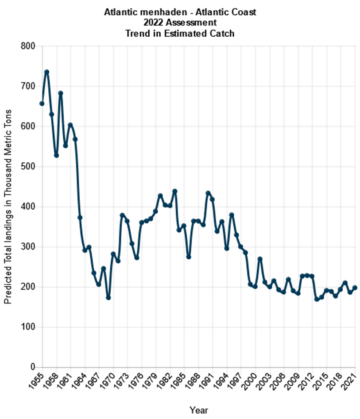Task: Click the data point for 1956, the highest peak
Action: coord(46,72)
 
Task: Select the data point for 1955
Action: coord(42,104)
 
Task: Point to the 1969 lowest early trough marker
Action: coord(108,298)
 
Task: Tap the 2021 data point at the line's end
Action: coord(355,288)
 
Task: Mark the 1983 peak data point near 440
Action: coord(174,191)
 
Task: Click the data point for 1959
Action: coord(61,93)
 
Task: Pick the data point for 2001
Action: coord(260,259)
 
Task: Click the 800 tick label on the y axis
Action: coord(29,46)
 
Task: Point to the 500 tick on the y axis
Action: coord(29,166)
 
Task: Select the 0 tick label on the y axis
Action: coord(33,367)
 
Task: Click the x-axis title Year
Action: coord(198,410)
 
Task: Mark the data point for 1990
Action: coord(208,193)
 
